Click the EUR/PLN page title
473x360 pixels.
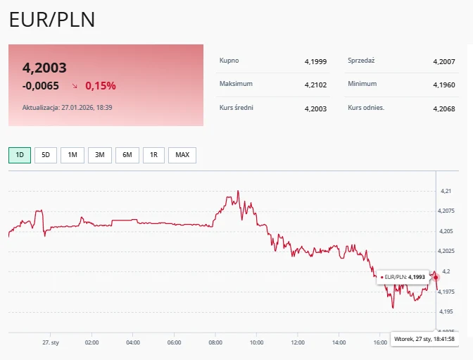pyautogui.click(x=51, y=20)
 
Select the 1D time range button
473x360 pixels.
pyautogui.click(x=20, y=155)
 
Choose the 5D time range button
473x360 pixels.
pyautogui.click(x=46, y=155)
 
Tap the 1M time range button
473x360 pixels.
pyautogui.click(x=72, y=155)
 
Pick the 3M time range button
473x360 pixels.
pyautogui.click(x=100, y=155)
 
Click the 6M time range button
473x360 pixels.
pyautogui.click(x=127, y=155)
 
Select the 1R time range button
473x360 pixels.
pyautogui.click(x=154, y=155)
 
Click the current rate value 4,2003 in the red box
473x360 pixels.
pyautogui.click(x=44, y=68)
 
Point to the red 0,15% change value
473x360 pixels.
pyautogui.click(x=101, y=86)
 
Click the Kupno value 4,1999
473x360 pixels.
pyautogui.click(x=316, y=62)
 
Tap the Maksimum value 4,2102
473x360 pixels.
pyautogui.click(x=316, y=85)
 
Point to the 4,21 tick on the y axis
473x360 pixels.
pyautogui.click(x=446, y=191)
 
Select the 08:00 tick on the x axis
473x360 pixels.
pyautogui.click(x=215, y=342)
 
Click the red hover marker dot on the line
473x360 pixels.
pyautogui.click(x=436, y=277)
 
